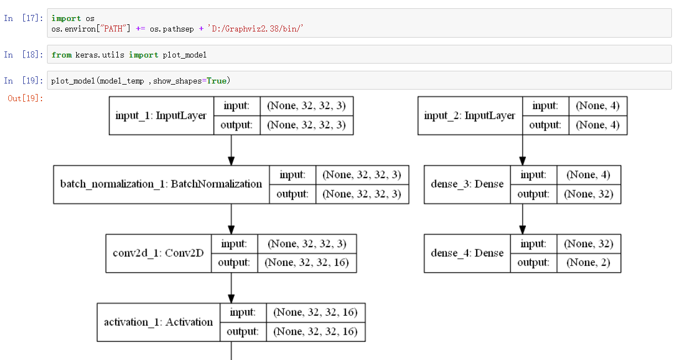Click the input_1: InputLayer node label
pyautogui.click(x=161, y=116)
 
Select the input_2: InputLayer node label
pyautogui.click(x=470, y=116)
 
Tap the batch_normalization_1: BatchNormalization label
pyautogui.click(x=161, y=184)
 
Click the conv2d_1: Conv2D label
pyautogui.click(x=158, y=253)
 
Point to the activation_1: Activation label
pyautogui.click(x=158, y=322)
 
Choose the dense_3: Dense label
pyautogui.click(x=467, y=184)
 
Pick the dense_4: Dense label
pyautogui.click(x=467, y=253)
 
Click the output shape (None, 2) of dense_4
pyautogui.click(x=588, y=263)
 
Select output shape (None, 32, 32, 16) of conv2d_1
pyautogui.click(x=307, y=263)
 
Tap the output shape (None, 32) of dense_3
pyautogui.click(x=588, y=194)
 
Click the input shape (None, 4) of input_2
pyautogui.click(x=598, y=106)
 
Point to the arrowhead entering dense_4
pyautogui.click(x=522, y=228)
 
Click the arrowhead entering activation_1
pyautogui.click(x=231, y=297)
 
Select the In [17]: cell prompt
pyautogui.click(x=23, y=18)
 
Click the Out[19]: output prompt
pyautogui.click(x=25, y=98)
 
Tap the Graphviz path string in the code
pyautogui.click(x=256, y=28)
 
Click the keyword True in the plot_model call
pyautogui.click(x=216, y=81)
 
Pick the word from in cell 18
pyautogui.click(x=61, y=55)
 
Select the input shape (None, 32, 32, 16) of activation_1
pyautogui.click(x=315, y=312)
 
